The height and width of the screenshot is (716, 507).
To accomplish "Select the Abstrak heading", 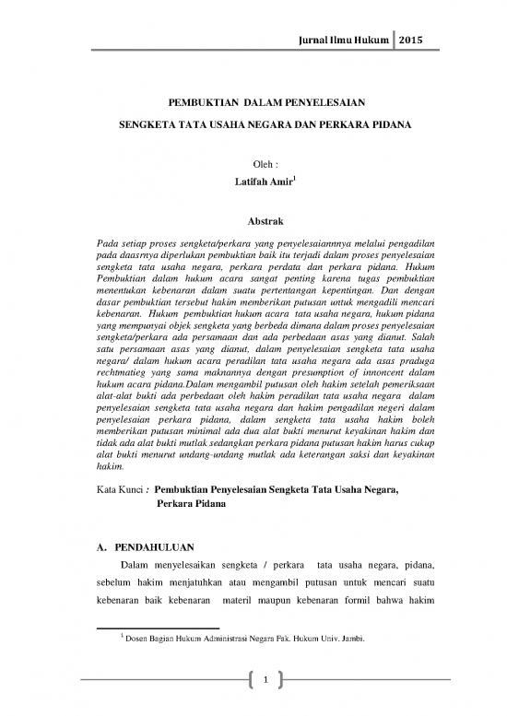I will (253, 221).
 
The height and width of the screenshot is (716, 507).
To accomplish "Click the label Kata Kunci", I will (120, 491).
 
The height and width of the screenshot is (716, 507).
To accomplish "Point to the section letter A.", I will (100, 550).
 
